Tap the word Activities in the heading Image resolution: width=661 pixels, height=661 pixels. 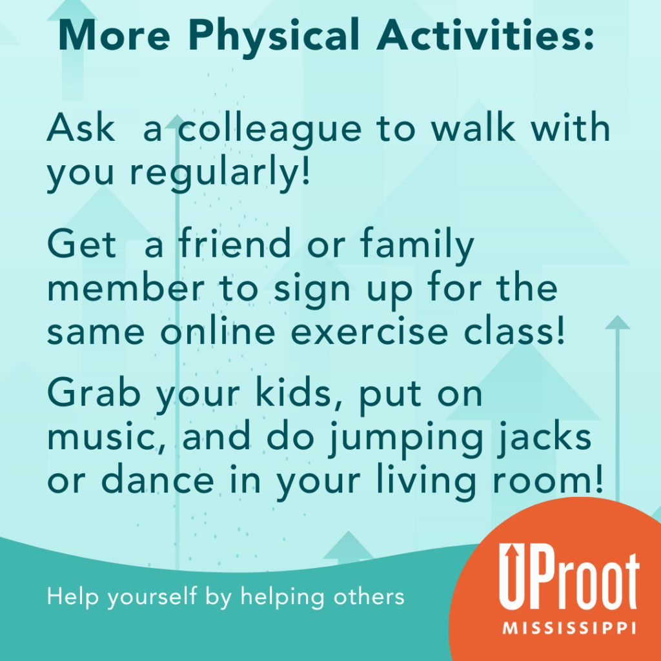coord(485,35)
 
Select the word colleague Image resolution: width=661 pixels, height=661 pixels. coord(270,129)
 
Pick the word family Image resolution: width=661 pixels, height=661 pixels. coord(418,246)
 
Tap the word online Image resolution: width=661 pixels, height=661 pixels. coord(218,330)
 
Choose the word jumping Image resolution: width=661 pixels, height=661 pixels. coord(405,440)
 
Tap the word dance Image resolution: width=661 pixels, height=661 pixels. coord(158,480)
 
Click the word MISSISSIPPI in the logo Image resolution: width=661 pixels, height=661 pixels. coord(569,628)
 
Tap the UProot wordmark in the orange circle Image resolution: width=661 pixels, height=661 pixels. coord(569,576)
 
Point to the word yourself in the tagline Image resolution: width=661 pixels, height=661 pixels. coord(152,597)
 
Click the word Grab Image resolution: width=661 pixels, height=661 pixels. coord(94,392)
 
